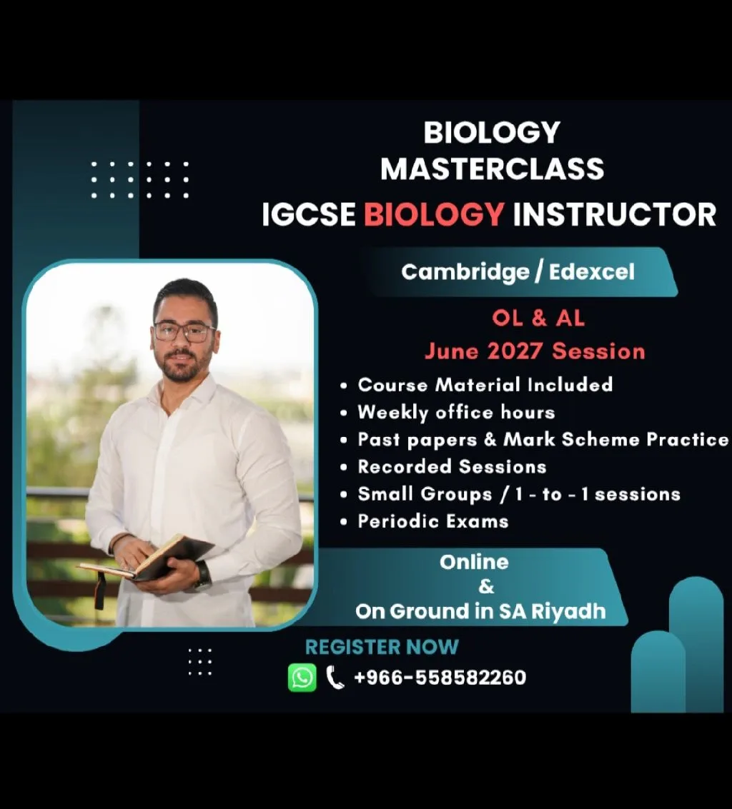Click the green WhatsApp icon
pyautogui.click(x=302, y=677)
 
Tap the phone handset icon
pyautogui.click(x=335, y=678)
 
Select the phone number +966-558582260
pyautogui.click(x=440, y=678)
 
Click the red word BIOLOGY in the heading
pyautogui.click(x=434, y=214)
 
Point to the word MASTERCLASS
pyautogui.click(x=493, y=169)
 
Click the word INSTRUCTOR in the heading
pyautogui.click(x=614, y=214)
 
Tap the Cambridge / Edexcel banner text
pyautogui.click(x=518, y=272)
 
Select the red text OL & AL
pyautogui.click(x=538, y=318)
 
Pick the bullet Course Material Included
pyautogui.click(x=485, y=385)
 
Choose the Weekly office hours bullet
pyautogui.click(x=456, y=412)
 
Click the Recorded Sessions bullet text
pyautogui.click(x=452, y=466)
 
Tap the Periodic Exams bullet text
pyautogui.click(x=433, y=521)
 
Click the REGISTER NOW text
pyautogui.click(x=382, y=647)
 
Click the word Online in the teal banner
pyautogui.click(x=474, y=562)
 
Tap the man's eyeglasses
pyautogui.click(x=184, y=331)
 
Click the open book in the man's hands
pyautogui.click(x=146, y=560)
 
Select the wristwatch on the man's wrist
pyautogui.click(x=203, y=576)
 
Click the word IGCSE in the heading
pyautogui.click(x=308, y=214)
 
